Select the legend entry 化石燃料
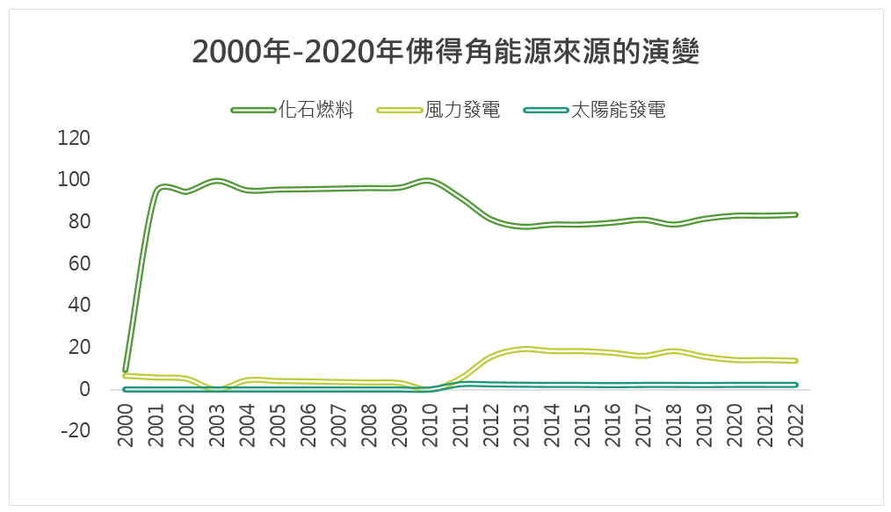(x=316, y=111)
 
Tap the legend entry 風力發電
(x=462, y=111)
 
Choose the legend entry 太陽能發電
(x=618, y=111)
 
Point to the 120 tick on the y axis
(x=74, y=138)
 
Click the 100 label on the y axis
(x=74, y=179)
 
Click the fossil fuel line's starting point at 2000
(x=126, y=370)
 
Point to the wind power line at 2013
(x=524, y=349)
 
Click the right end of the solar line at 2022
(x=795, y=385)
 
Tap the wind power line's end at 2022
(x=795, y=360)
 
